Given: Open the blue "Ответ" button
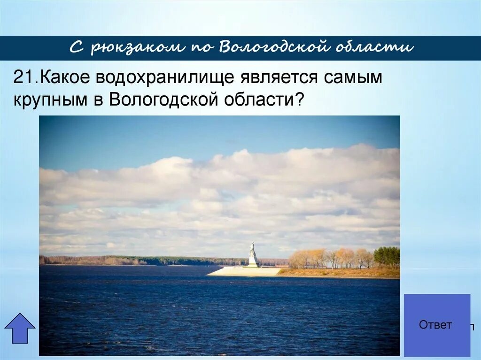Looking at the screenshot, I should (x=436, y=325).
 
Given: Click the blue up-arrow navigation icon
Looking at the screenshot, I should (x=20, y=328).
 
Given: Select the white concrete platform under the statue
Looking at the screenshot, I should (x=244, y=271).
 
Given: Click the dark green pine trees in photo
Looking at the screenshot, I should (x=387, y=257).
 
